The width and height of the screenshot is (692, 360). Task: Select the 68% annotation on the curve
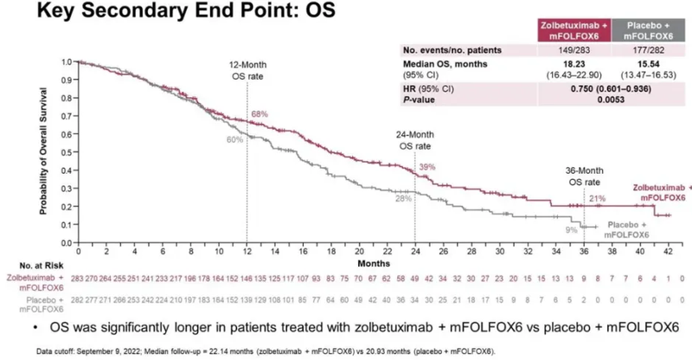coord(259,115)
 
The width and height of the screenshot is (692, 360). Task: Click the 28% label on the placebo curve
coord(402,199)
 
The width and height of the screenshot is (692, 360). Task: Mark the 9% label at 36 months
coord(571,229)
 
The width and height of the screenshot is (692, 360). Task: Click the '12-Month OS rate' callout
coord(247,71)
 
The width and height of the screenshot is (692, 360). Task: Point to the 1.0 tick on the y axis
coord(67,62)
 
